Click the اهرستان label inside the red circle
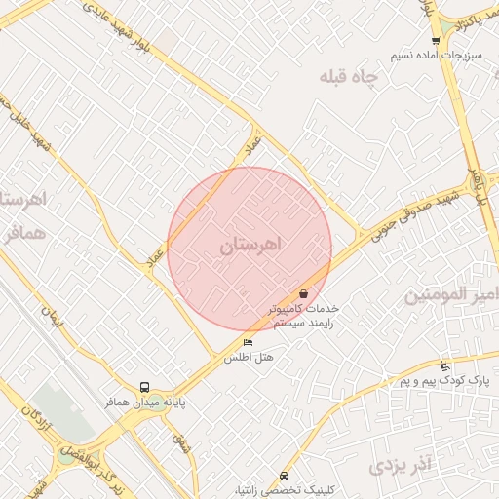[x=249, y=245]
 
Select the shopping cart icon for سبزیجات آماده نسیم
[x=435, y=41]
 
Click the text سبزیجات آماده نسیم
[x=435, y=57]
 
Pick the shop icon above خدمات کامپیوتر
[x=304, y=292]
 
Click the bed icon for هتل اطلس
[x=248, y=343]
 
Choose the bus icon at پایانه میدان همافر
[x=144, y=387]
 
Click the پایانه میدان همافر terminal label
[x=145, y=402]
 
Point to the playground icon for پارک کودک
[x=445, y=365]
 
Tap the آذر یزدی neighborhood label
[x=401, y=465]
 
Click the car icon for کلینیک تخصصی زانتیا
[x=283, y=477]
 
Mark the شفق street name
[x=180, y=443]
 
